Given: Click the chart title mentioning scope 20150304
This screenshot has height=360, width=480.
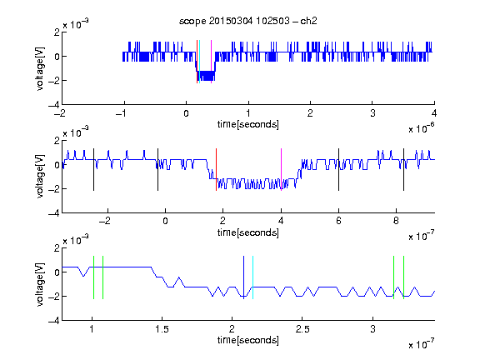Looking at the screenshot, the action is pos(248,21).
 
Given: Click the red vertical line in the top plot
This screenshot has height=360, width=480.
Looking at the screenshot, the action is pos(197,62).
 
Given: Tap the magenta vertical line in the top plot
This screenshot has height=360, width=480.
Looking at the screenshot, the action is pos(211,62).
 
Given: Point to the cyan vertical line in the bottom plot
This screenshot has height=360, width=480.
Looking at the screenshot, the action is pos(252,277).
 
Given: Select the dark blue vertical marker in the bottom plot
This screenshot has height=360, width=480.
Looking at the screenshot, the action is pos(243,277).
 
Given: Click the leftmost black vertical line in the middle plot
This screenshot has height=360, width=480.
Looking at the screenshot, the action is pos(93,170).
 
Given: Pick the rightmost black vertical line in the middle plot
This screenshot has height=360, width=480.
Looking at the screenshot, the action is pos(403,170).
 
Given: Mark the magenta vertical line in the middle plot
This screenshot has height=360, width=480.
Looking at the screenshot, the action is pos(281,170).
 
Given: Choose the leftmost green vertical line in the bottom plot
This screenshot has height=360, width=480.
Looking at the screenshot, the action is pos(93,277).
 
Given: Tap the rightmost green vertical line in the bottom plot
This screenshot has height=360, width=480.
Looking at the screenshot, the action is pos(404,277).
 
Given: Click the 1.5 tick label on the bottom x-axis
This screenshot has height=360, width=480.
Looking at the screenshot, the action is pos(162,329).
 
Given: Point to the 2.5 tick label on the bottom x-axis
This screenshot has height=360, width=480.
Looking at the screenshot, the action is pos(302,329).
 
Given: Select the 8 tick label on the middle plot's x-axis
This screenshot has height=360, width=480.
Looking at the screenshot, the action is pos(396,221).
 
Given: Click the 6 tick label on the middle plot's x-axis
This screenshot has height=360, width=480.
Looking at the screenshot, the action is pos(338,221).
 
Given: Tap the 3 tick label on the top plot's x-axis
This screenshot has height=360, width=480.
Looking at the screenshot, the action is pos(372,113).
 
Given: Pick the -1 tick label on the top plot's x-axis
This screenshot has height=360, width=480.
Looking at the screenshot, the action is pos(122,113).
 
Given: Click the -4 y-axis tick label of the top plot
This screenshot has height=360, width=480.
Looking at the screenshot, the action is pos(54,105).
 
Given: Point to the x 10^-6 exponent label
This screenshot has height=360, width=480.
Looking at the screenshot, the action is pos(422,128).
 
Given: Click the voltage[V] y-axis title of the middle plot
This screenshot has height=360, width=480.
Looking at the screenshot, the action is pos(40,177).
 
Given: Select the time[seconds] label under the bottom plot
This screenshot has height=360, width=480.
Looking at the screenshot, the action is pos(248,340).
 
